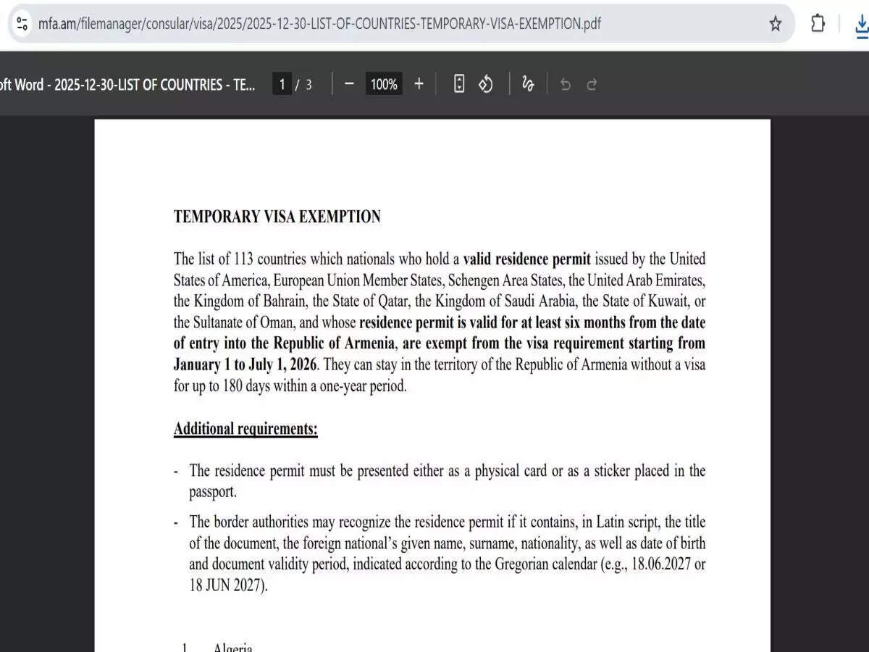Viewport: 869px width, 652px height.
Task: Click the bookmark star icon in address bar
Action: (776, 24)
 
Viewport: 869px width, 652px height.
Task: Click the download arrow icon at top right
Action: (861, 24)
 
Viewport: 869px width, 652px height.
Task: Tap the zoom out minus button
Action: (349, 84)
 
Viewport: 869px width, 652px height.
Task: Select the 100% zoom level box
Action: (384, 84)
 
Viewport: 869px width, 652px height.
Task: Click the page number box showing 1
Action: (282, 84)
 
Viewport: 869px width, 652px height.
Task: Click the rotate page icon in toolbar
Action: (486, 84)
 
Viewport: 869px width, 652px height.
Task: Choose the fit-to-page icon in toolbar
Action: (459, 84)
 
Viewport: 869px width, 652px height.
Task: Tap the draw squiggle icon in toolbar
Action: (528, 84)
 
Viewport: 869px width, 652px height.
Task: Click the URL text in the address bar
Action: (319, 23)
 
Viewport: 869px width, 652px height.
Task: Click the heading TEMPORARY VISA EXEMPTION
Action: (277, 217)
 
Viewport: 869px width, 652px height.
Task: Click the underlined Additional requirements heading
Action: (245, 429)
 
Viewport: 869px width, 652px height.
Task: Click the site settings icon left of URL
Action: (22, 23)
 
